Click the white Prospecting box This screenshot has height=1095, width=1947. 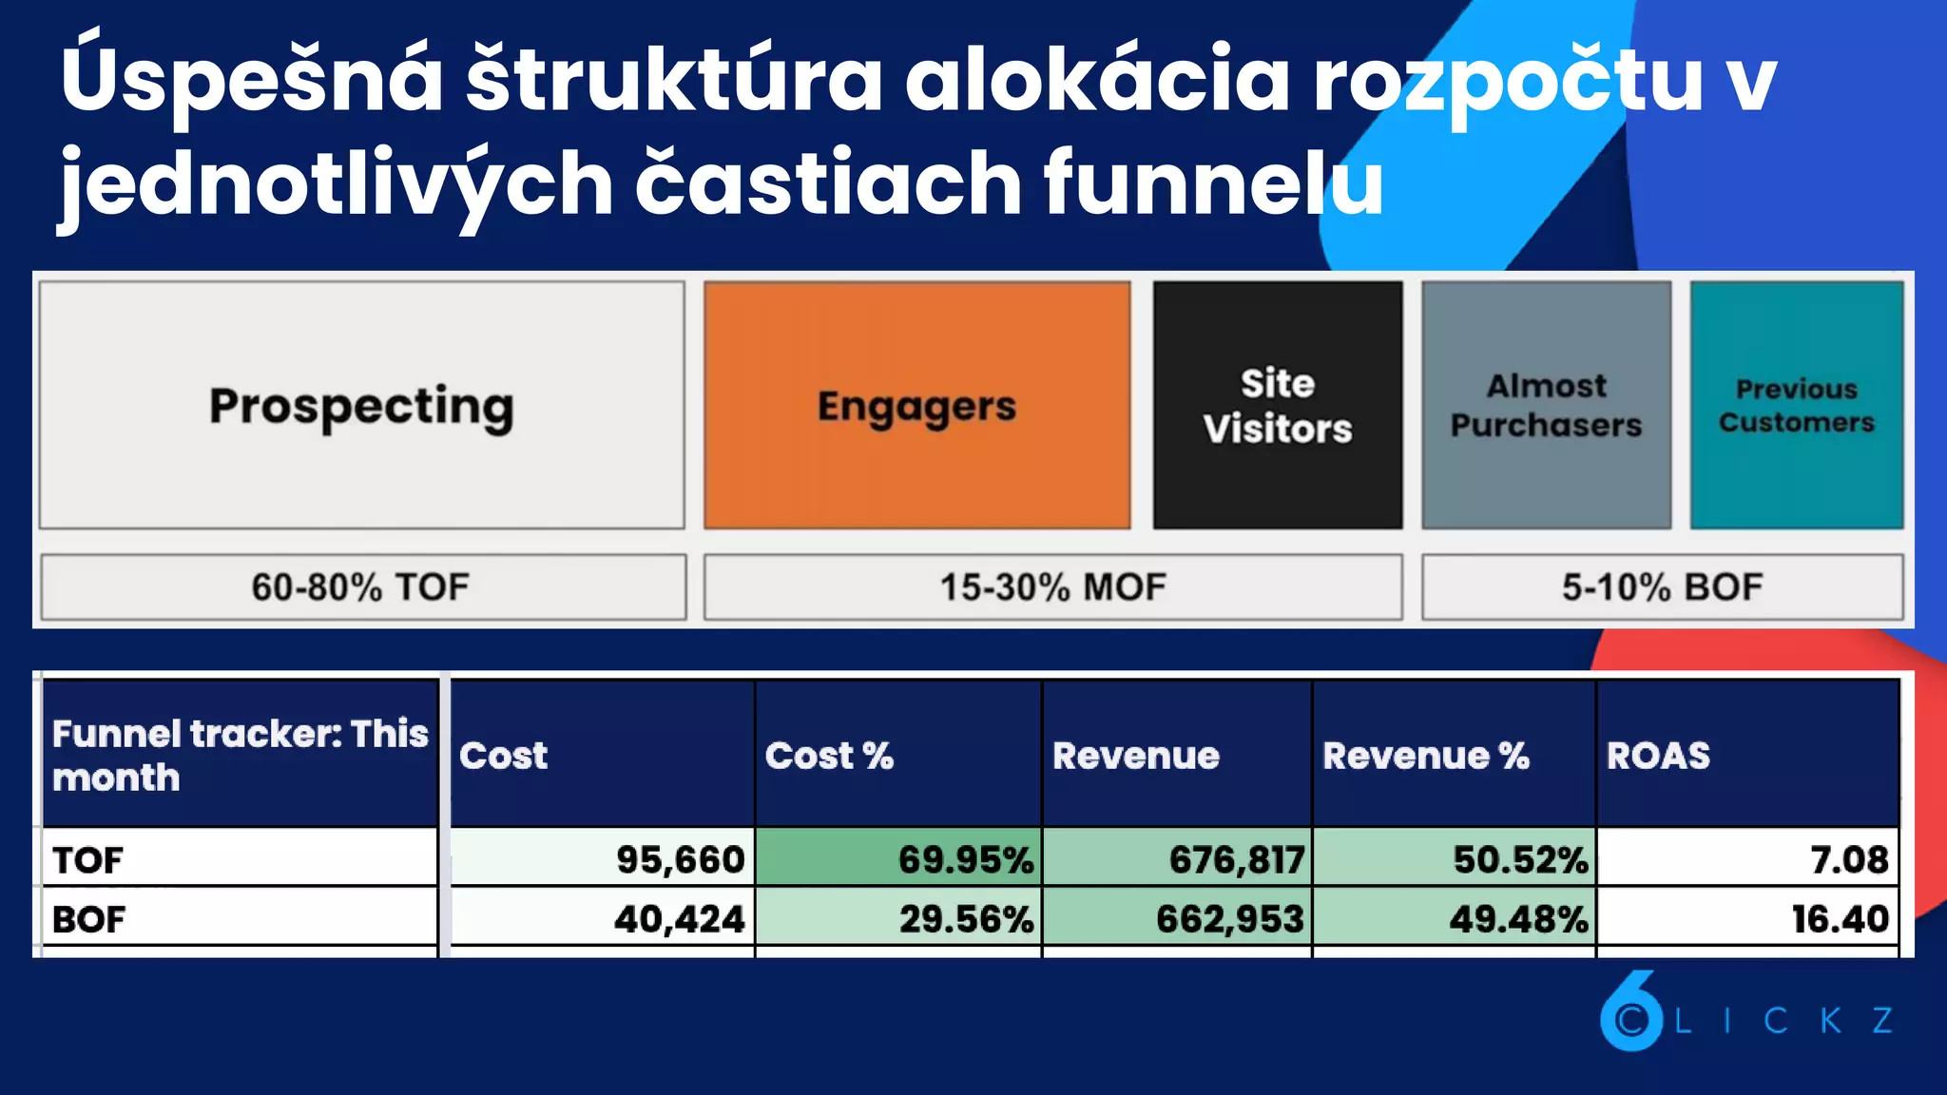click(x=361, y=405)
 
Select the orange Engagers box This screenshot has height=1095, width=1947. click(x=916, y=405)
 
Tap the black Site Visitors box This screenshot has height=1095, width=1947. click(x=1277, y=405)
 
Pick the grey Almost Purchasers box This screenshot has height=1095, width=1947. click(x=1546, y=405)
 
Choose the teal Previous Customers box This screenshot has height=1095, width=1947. click(x=1796, y=405)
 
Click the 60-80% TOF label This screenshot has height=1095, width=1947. click(x=361, y=586)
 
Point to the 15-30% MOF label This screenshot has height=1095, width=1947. click(x=1052, y=586)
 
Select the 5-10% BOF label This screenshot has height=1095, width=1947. click(x=1662, y=586)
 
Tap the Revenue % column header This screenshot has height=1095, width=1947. click(x=1426, y=756)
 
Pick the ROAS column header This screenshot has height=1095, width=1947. click(x=1658, y=756)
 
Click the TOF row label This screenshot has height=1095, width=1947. click(x=88, y=859)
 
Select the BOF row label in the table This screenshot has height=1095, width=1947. click(x=88, y=918)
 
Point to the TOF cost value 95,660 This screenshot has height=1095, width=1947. click(x=680, y=859)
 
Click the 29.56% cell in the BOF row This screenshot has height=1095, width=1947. click(x=965, y=918)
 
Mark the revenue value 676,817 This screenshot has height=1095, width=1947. click(x=1236, y=859)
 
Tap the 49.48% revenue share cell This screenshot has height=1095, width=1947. click(x=1518, y=918)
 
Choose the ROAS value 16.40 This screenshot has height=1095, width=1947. click(x=1840, y=918)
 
